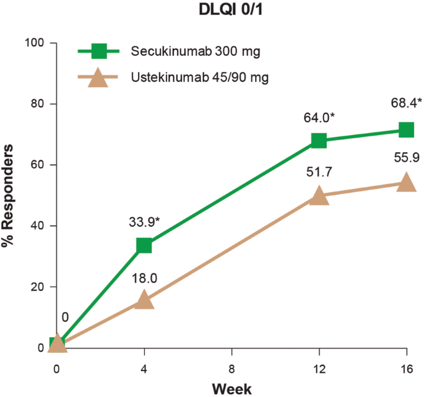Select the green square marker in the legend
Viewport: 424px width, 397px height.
pyautogui.click(x=97, y=51)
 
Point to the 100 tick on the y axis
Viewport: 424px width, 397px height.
pyautogui.click(x=35, y=43)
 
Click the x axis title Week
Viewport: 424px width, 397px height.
pyautogui.click(x=231, y=389)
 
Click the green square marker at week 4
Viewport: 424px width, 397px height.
pyautogui.click(x=144, y=245)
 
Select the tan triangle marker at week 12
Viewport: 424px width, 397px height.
pyautogui.click(x=319, y=195)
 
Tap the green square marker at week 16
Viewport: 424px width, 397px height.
pyautogui.click(x=406, y=129)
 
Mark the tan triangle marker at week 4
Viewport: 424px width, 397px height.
pyautogui.click(x=144, y=300)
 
